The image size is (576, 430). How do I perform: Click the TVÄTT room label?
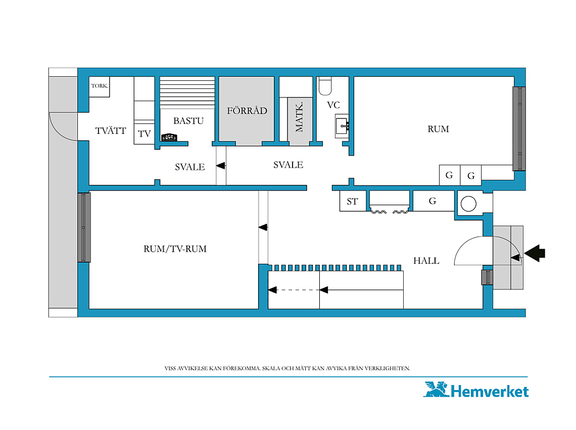(x=111, y=130)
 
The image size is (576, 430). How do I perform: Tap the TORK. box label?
(x=100, y=85)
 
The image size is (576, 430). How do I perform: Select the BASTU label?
(x=188, y=121)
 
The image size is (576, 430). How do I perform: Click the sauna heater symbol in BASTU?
(x=169, y=137)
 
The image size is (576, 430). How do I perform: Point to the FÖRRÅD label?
(x=247, y=110)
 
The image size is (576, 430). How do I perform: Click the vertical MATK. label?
(x=300, y=117)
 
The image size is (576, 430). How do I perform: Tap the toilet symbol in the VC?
(x=325, y=85)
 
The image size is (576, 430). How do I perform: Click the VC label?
(x=333, y=105)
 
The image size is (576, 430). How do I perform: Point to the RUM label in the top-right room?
(x=438, y=129)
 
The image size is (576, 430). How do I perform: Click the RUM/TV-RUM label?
(x=175, y=249)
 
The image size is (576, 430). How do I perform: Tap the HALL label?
(x=426, y=261)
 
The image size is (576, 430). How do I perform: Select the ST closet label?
(x=352, y=202)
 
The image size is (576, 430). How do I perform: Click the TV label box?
(x=145, y=134)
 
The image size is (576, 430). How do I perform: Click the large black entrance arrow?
(x=535, y=253)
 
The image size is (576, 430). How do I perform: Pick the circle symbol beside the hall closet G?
(x=468, y=204)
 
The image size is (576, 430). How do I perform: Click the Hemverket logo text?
(x=489, y=392)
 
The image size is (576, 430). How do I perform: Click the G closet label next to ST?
(x=433, y=201)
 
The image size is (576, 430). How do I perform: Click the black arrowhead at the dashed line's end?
(x=272, y=290)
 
